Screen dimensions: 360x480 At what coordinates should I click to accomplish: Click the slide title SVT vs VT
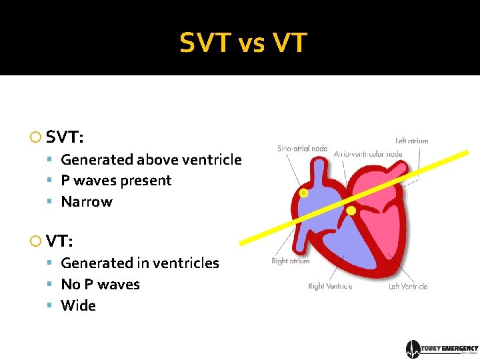[243, 43]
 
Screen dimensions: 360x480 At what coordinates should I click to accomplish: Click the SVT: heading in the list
[65, 138]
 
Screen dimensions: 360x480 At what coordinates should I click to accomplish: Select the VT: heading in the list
[61, 241]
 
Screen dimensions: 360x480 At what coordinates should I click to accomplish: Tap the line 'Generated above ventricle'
[151, 159]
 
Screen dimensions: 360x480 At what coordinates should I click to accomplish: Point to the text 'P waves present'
[116, 181]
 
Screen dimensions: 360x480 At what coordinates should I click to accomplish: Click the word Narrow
[87, 202]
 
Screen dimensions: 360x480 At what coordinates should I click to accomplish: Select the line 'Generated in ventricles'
[140, 263]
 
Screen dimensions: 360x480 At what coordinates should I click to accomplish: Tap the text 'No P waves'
[100, 285]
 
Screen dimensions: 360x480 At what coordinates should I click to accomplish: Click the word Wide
[79, 306]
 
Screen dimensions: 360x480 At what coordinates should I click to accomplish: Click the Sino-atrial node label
[303, 148]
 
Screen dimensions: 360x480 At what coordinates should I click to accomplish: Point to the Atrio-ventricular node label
[368, 154]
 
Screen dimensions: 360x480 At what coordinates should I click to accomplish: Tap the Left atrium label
[411, 141]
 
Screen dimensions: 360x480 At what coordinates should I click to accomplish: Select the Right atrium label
[291, 261]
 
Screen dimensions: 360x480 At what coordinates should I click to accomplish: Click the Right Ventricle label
[330, 287]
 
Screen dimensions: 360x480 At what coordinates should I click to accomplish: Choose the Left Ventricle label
[408, 287]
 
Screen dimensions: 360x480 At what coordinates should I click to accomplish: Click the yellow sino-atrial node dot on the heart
[303, 193]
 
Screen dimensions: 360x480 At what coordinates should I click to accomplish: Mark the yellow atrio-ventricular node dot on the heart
[351, 211]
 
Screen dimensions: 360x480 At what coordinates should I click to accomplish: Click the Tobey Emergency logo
[442, 349]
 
